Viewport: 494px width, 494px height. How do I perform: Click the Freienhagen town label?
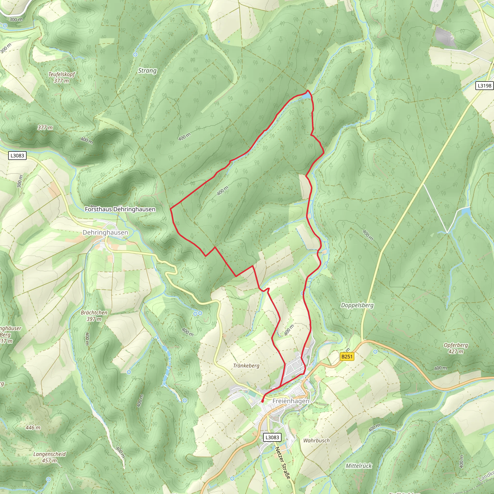tap(291, 401)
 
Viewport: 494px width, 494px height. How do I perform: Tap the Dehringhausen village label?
tap(105, 233)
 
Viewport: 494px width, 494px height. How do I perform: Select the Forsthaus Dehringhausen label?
tap(120, 209)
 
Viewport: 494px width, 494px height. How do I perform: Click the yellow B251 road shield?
tap(347, 357)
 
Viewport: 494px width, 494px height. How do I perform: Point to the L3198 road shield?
tap(484, 86)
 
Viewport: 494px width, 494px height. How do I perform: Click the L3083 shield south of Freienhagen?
tap(272, 437)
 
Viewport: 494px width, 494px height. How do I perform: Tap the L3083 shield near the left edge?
tap(17, 156)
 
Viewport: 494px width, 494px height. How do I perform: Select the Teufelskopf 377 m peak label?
tap(62, 77)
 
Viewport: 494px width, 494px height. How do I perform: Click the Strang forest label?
tap(147, 71)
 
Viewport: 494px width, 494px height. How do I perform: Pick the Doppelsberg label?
tap(357, 305)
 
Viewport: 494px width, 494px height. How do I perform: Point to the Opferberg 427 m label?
tap(456, 348)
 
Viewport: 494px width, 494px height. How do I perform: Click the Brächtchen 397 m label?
tap(94, 316)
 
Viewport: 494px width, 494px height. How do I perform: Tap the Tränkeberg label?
tap(246, 366)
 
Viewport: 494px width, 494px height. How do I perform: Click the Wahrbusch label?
tap(316, 440)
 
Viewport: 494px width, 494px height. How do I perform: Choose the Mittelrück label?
tap(358, 466)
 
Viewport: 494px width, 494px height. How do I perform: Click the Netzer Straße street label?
tap(283, 463)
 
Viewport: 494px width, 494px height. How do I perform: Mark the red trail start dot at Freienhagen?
tap(262, 401)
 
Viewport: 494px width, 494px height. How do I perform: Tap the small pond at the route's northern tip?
tap(307, 96)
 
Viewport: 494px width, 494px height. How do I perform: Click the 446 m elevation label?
tap(33, 427)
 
